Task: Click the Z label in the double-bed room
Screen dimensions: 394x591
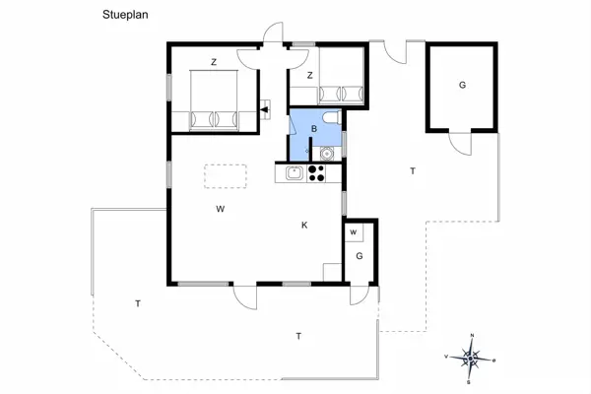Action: click(214, 62)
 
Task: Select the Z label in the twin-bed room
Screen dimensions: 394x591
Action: click(309, 75)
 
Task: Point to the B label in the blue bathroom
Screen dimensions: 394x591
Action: click(313, 129)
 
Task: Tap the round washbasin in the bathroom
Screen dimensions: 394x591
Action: click(326, 153)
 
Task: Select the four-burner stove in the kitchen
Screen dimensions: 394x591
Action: click(317, 173)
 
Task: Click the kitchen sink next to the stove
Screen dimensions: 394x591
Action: click(293, 174)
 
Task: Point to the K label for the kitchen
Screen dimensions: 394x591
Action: click(304, 226)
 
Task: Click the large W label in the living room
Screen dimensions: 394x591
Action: click(222, 208)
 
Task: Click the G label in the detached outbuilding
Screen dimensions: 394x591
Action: click(461, 86)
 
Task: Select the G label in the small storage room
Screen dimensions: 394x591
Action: click(360, 256)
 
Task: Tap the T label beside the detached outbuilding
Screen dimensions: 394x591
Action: click(413, 171)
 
